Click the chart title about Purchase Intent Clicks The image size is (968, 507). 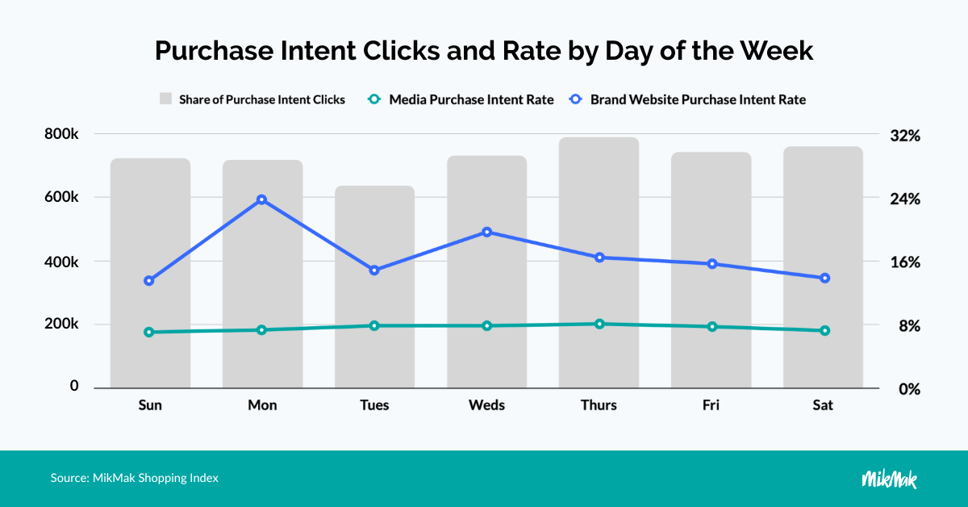pos(484,51)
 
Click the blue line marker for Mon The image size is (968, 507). pos(261,199)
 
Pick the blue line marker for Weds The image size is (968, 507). pos(486,233)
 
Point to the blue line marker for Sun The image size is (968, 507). pos(149,281)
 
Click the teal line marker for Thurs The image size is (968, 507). pos(599,324)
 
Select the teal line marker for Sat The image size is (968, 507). pos(824,330)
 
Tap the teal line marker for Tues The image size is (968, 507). pos(374,325)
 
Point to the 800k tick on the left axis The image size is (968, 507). pos(61,134)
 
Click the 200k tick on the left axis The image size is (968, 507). pos(61,324)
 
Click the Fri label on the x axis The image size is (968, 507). pos(711,405)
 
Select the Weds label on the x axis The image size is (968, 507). pos(486,405)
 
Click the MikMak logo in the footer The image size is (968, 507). pos(889,479)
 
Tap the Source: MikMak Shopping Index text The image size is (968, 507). pos(135,478)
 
